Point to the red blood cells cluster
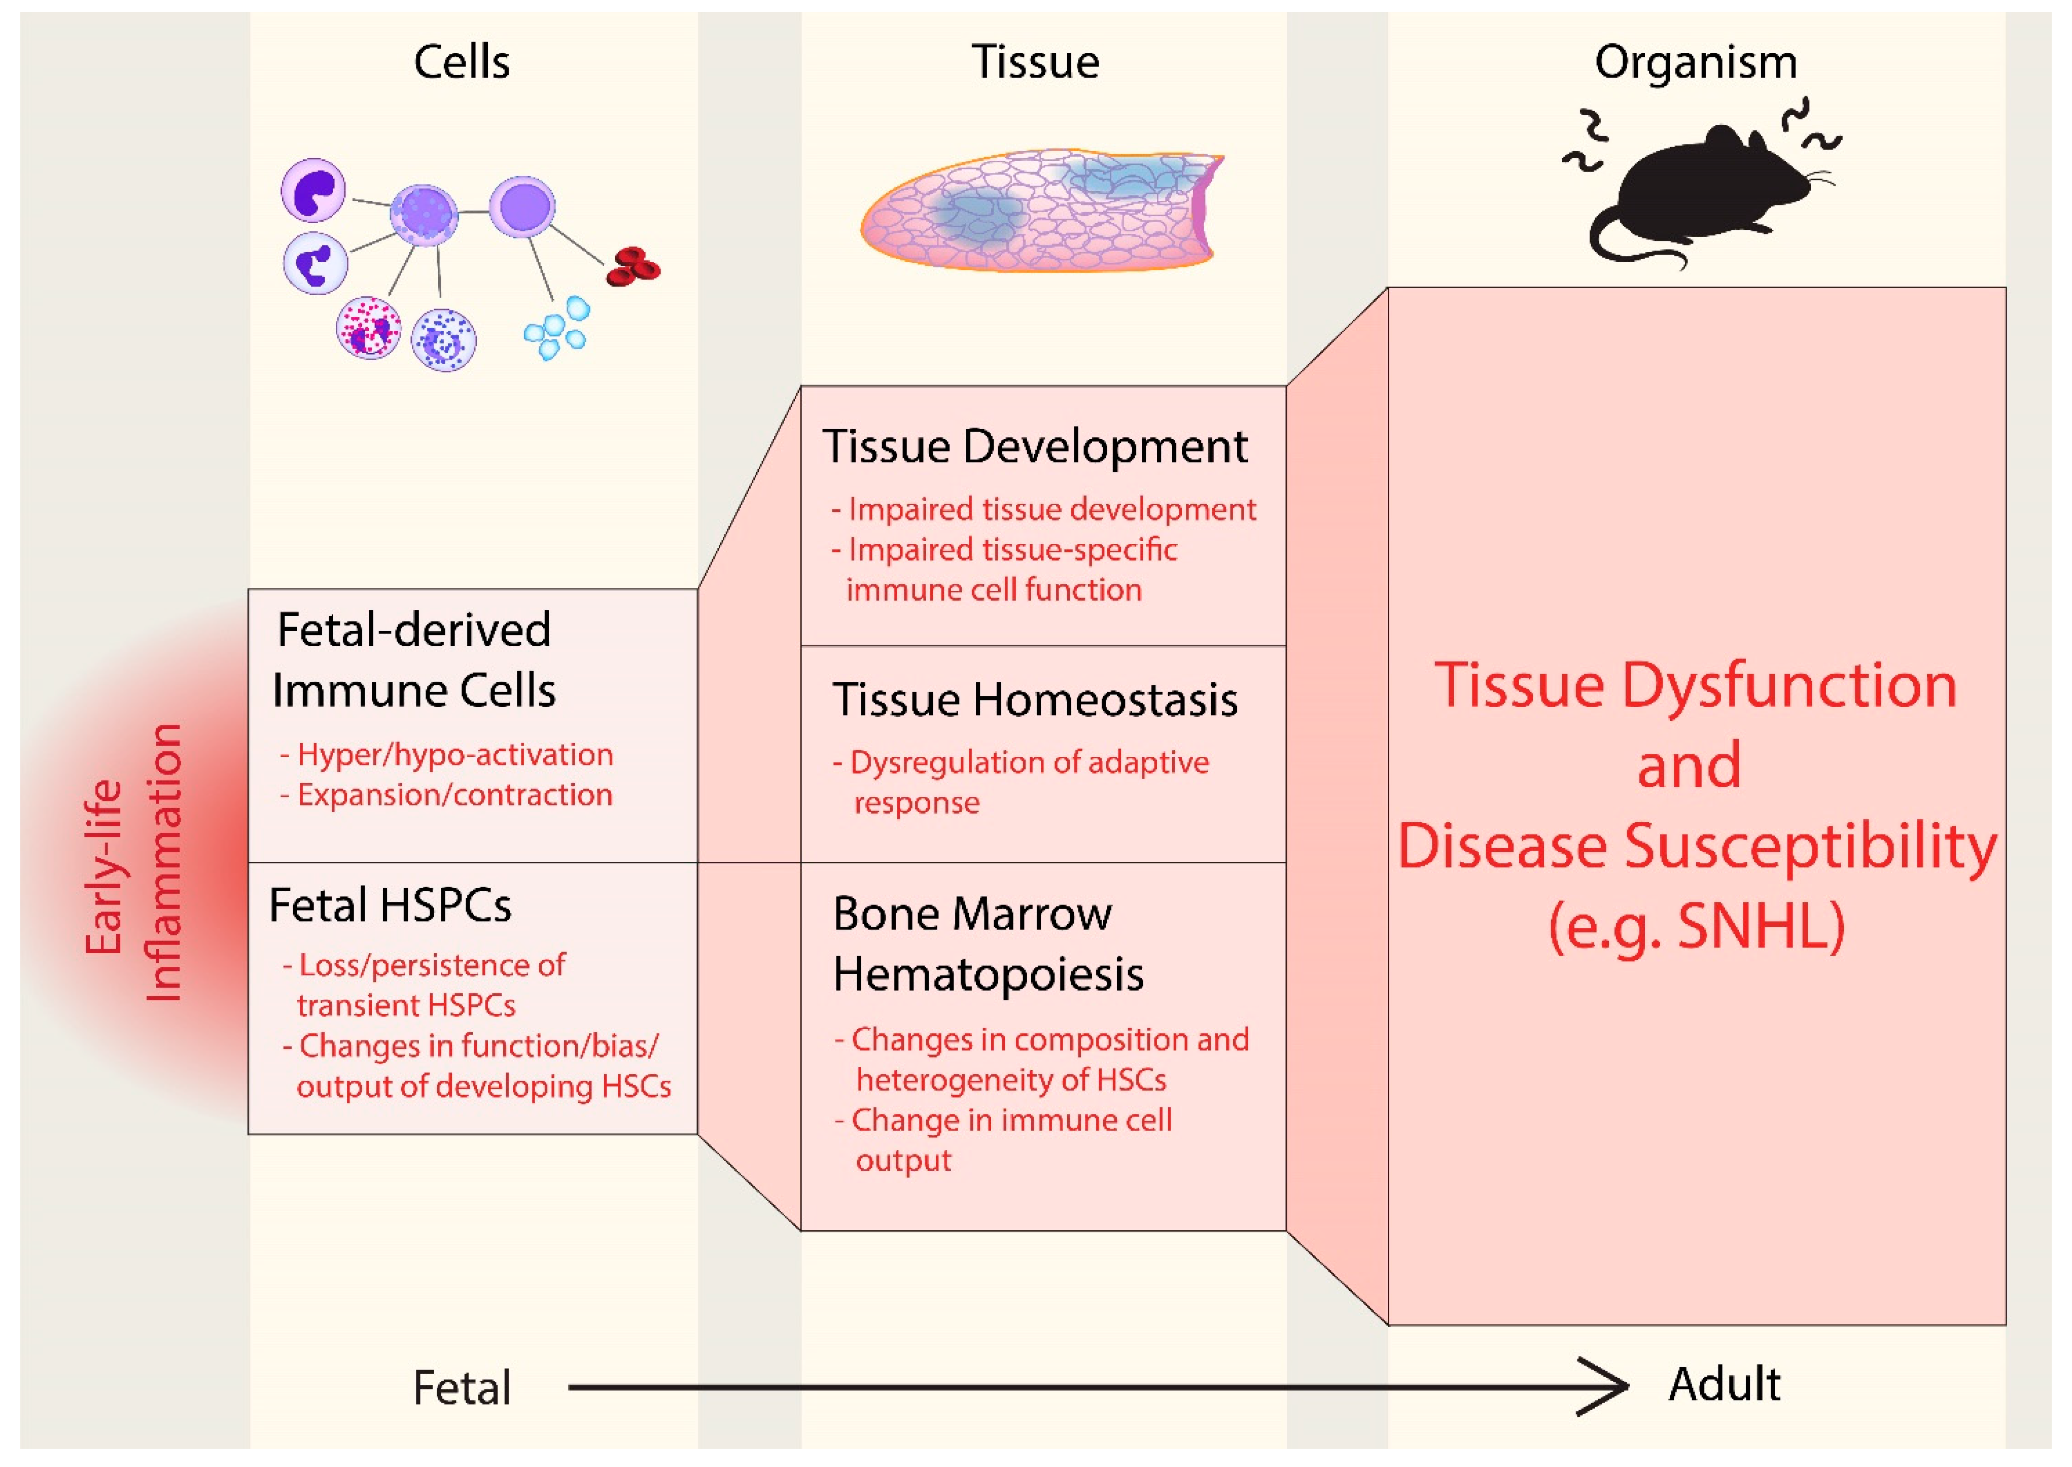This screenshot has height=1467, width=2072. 633,266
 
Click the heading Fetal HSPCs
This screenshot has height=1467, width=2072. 390,905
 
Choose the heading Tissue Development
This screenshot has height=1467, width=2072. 1035,446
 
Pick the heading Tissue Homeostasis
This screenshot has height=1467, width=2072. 1035,700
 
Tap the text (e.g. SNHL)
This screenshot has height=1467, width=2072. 1695,926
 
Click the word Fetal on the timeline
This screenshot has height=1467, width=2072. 462,1387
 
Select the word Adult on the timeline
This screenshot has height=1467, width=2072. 1724,1384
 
